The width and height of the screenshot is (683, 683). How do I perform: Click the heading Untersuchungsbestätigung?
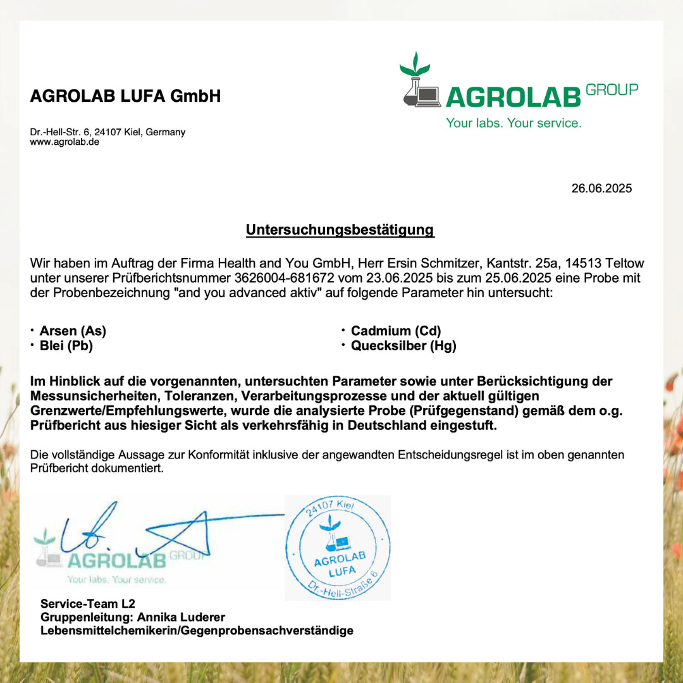pyautogui.click(x=340, y=230)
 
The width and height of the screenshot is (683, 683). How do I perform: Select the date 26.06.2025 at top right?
pyautogui.click(x=601, y=188)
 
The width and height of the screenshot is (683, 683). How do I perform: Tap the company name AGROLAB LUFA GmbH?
pyautogui.click(x=125, y=96)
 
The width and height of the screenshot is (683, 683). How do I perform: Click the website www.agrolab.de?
pyautogui.click(x=65, y=142)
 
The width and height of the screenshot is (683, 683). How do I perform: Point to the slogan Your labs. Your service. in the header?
pyautogui.click(x=513, y=123)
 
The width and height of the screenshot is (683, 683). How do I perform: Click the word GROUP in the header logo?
pyautogui.click(x=612, y=90)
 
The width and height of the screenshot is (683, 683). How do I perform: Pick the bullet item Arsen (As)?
pyautogui.click(x=73, y=331)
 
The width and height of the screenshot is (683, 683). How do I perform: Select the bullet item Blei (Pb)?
pyautogui.click(x=66, y=345)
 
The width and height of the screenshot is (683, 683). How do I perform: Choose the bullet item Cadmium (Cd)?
pyautogui.click(x=396, y=331)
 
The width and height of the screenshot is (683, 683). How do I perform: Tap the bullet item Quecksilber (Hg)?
pyautogui.click(x=403, y=345)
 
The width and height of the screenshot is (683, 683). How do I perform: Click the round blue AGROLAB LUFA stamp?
pyautogui.click(x=338, y=548)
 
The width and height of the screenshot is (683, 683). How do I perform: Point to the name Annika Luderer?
pyautogui.click(x=181, y=617)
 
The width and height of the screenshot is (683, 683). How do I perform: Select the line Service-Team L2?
pyautogui.click(x=88, y=604)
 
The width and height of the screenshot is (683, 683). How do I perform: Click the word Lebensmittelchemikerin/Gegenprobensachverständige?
pyautogui.click(x=197, y=631)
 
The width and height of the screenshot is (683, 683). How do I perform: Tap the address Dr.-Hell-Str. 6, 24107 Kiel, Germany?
pyautogui.click(x=108, y=132)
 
